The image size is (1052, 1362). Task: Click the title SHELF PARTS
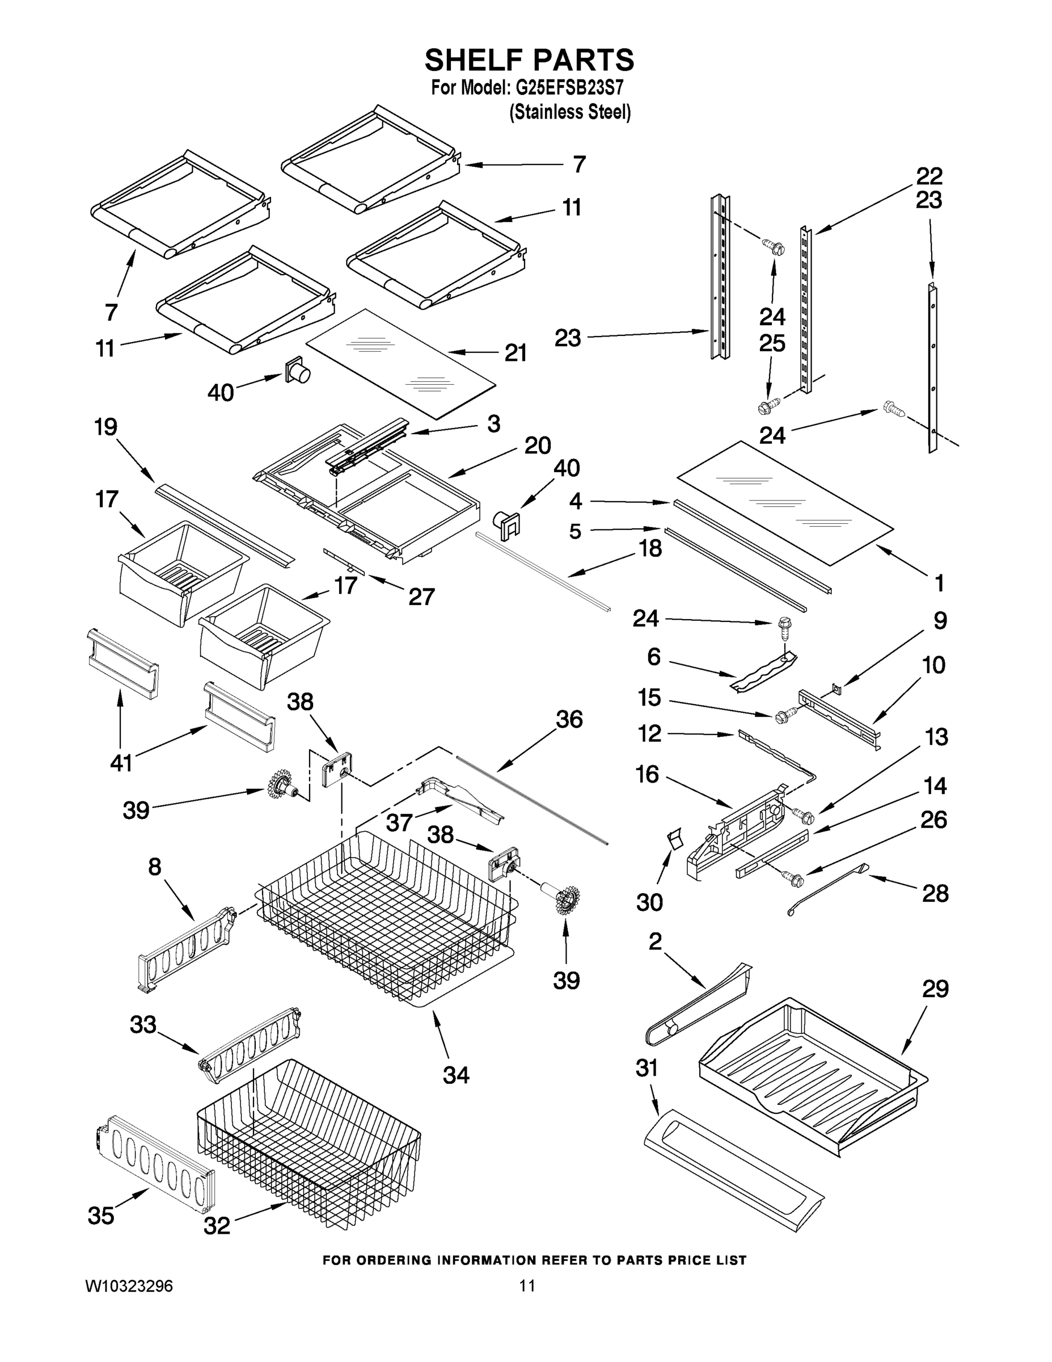(x=529, y=61)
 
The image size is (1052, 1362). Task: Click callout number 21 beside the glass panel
(x=516, y=353)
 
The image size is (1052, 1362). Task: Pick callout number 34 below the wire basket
(x=455, y=1074)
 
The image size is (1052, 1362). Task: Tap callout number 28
(x=935, y=893)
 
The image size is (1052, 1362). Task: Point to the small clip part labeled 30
(x=674, y=839)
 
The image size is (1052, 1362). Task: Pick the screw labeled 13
(x=804, y=814)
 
